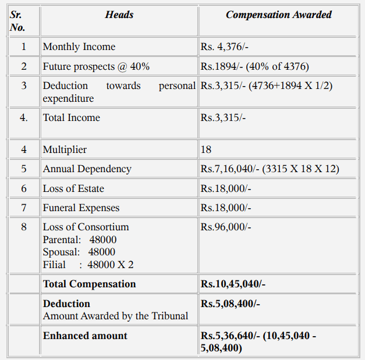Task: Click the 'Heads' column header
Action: pos(119,15)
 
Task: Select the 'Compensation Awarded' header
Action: pos(278,15)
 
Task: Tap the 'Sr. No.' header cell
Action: pos(17,21)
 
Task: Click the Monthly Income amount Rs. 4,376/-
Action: pos(225,47)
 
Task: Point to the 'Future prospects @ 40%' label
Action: pos(96,66)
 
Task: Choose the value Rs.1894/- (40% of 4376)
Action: pos(254,66)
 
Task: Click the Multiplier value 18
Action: pos(206,149)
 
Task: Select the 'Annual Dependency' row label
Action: pos(87,169)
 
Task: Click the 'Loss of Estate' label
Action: pos(73,188)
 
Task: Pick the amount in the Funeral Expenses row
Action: pos(226,208)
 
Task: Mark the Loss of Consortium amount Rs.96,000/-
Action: pos(226,227)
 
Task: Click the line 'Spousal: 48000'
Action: pos(79,252)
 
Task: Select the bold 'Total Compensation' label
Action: pos(90,284)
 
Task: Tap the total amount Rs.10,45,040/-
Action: pos(233,284)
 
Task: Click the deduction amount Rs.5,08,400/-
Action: pos(231,304)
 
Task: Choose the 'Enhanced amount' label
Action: pos(85,336)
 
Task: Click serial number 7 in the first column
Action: pos(24,208)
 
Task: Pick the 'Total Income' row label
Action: pos(72,118)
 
